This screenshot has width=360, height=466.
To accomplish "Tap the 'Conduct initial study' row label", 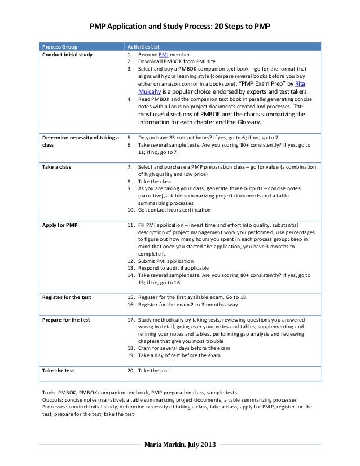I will point(68,55).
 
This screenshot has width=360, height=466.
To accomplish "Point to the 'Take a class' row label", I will point(57,168).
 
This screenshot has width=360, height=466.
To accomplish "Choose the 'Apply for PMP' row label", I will point(60,225).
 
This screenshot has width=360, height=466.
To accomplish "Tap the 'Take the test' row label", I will point(58,371).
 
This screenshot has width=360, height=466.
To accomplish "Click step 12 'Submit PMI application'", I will point(166,261).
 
